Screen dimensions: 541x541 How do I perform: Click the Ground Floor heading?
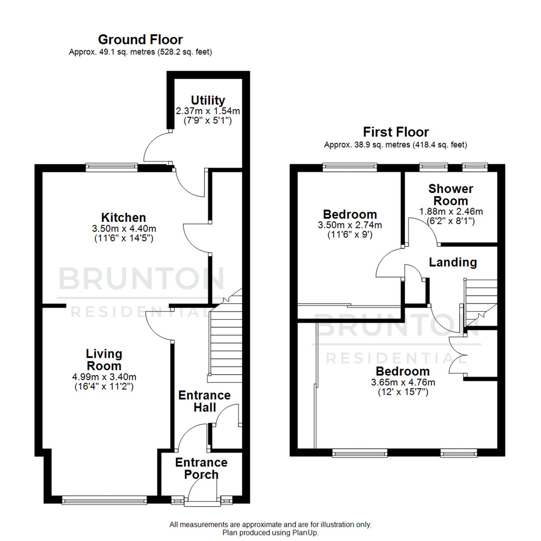click(140, 40)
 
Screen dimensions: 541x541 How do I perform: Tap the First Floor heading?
click(396, 132)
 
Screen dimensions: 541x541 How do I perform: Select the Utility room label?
click(208, 100)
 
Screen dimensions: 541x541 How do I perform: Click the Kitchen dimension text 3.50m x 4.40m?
click(124, 228)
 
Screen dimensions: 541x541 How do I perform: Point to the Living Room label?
click(104, 360)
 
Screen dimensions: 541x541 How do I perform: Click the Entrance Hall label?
click(204, 401)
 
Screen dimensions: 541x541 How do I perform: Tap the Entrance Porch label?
click(201, 468)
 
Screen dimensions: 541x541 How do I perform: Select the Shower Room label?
click(451, 195)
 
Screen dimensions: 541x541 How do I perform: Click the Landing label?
click(453, 262)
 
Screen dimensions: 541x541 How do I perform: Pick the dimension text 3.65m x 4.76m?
click(403, 382)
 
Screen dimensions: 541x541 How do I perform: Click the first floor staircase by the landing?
click(481, 301)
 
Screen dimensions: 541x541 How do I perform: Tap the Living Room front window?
click(105, 499)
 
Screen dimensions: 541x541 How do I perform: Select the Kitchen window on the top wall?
click(111, 167)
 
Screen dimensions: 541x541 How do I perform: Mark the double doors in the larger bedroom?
click(458, 355)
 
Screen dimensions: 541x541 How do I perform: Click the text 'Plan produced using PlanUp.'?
click(270, 533)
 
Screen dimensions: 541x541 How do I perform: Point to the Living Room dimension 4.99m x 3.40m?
click(104, 377)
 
